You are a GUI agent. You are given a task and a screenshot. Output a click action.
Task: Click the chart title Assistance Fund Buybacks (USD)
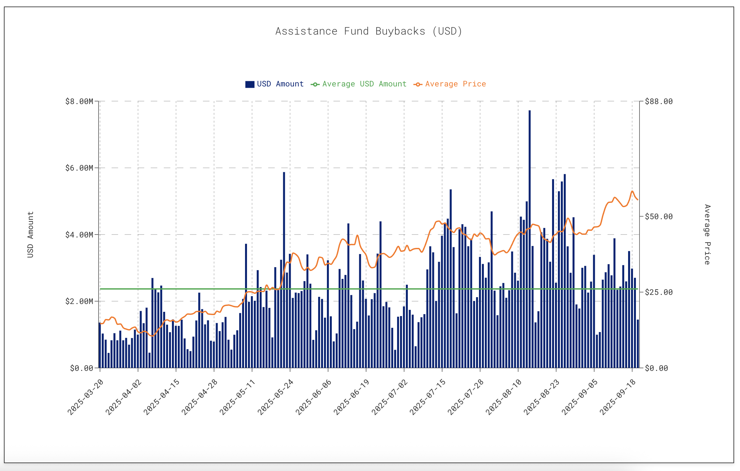point(369,31)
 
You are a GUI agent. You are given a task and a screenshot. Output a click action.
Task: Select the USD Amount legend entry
point(274,84)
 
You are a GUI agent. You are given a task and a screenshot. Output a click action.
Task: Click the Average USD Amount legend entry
point(359,84)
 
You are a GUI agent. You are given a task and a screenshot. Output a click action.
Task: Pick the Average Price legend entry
point(450,84)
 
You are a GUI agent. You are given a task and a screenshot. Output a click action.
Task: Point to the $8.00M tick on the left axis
point(79,101)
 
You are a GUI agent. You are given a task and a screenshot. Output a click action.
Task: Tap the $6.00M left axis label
point(79,168)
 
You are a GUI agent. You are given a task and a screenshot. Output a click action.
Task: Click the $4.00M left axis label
point(79,235)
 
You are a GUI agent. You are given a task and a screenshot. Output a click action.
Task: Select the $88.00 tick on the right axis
point(659,101)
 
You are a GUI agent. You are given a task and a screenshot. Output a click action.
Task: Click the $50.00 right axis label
point(659,217)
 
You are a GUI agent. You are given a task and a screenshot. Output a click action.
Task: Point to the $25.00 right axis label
point(659,292)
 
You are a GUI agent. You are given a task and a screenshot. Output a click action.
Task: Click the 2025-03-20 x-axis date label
point(85,397)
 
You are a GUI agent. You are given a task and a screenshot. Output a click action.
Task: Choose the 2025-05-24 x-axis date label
point(276,397)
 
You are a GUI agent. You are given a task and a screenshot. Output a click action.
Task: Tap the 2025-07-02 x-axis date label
point(390,397)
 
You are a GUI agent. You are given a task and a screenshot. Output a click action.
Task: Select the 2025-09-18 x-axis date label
point(618,397)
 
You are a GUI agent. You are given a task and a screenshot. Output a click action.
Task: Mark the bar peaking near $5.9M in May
point(284,271)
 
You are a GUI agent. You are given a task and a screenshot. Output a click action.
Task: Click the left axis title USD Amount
point(30,235)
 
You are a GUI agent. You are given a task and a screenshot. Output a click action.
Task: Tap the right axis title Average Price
point(707,235)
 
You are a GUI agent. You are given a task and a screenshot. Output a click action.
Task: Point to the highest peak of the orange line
point(632,191)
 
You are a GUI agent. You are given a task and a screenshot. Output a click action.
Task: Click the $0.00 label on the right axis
point(656,368)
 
